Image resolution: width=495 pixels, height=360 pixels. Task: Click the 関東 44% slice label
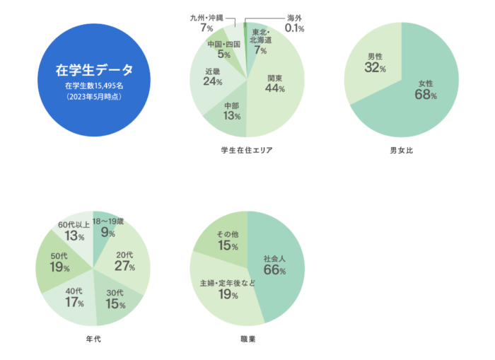276,83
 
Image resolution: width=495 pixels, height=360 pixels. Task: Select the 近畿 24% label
213,76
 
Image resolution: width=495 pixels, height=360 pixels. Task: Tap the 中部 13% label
232,111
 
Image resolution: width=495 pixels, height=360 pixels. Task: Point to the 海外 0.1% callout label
295,23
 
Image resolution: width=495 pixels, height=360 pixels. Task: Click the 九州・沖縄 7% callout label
206,22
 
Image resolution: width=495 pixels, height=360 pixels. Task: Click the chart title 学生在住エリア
247,151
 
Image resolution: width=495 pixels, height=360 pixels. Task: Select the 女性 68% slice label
426,89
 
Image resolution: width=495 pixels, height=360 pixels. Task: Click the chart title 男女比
402,151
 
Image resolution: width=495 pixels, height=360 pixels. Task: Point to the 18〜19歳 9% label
108,227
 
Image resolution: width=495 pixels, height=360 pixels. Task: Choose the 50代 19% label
59,263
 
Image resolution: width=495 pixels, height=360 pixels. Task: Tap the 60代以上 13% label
74,231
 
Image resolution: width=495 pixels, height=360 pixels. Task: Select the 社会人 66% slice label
274,264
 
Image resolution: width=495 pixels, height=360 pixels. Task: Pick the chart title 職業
248,339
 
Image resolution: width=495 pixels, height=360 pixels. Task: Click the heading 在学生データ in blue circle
94,71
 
